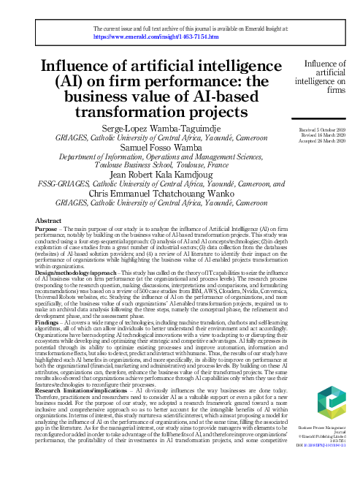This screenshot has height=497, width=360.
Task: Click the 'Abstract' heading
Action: point(48,220)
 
